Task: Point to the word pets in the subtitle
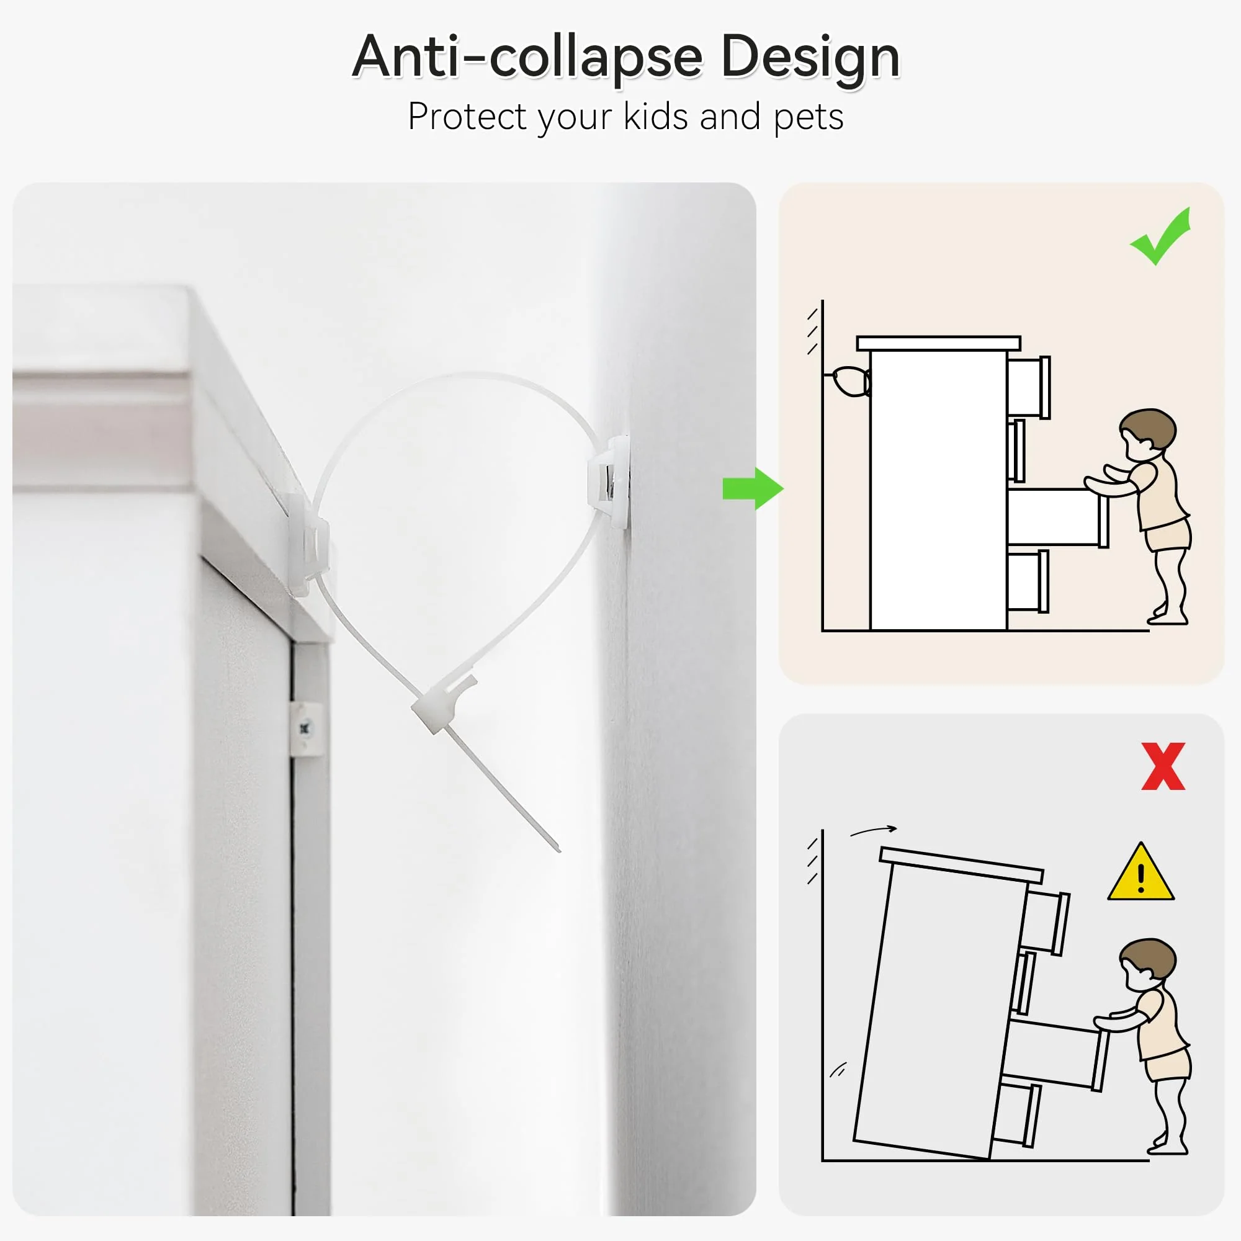[808, 118]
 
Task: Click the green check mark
[1162, 236]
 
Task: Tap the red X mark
[1163, 766]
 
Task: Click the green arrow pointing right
[752, 489]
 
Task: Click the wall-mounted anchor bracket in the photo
[608, 482]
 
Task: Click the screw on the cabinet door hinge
[305, 728]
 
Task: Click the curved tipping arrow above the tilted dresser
[874, 831]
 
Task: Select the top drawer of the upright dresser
[1027, 387]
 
